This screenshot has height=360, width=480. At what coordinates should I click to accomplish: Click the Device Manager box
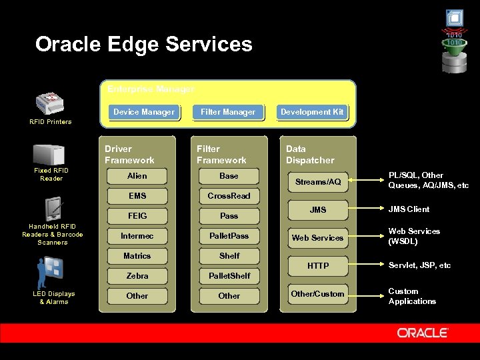pyautogui.click(x=144, y=112)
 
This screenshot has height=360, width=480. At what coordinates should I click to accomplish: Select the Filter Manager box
pyautogui.click(x=228, y=112)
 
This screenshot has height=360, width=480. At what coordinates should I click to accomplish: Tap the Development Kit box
pyautogui.click(x=312, y=112)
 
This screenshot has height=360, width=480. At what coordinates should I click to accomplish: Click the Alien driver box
pyautogui.click(x=137, y=176)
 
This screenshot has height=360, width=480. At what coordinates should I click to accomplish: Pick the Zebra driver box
pyautogui.click(x=137, y=276)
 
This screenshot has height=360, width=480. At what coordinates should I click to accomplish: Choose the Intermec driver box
pyautogui.click(x=137, y=236)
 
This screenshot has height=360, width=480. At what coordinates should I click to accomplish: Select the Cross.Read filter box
pyautogui.click(x=229, y=196)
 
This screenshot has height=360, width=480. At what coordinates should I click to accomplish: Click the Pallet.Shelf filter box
pyautogui.click(x=229, y=276)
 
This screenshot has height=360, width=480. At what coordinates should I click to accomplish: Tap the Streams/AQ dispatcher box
pyautogui.click(x=318, y=182)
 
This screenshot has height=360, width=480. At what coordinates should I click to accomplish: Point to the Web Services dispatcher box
pyautogui.click(x=318, y=238)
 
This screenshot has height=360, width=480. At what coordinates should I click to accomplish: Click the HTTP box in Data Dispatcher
pyautogui.click(x=318, y=266)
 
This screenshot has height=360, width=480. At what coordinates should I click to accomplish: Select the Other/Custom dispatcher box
pyautogui.click(x=318, y=294)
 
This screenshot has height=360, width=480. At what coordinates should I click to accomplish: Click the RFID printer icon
pyautogui.click(x=51, y=103)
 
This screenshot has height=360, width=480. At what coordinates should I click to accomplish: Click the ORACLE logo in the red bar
pyautogui.click(x=423, y=333)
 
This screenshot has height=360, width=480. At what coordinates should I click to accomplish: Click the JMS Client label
pyautogui.click(x=409, y=209)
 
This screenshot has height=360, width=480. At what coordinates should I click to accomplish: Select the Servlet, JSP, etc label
pyautogui.click(x=419, y=265)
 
